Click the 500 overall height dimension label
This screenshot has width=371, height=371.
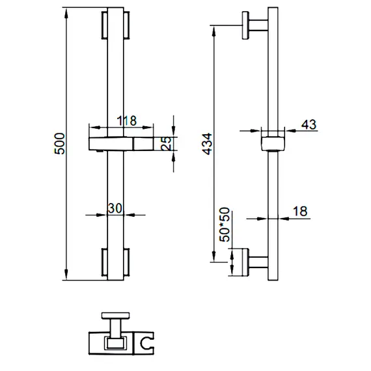pos(59,144)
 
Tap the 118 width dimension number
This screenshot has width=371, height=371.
pos(127,120)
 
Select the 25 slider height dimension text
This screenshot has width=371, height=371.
pos(167,143)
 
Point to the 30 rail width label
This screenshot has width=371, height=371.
pos(115,208)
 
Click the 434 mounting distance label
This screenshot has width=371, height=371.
pos(207,144)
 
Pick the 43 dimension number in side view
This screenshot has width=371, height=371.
pos(309,124)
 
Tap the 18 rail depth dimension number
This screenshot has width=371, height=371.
pos(300,212)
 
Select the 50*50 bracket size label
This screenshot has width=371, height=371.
pos(225,225)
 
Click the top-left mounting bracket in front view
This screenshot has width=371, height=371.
pos(104,25)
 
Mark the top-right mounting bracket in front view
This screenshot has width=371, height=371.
pos(126,25)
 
